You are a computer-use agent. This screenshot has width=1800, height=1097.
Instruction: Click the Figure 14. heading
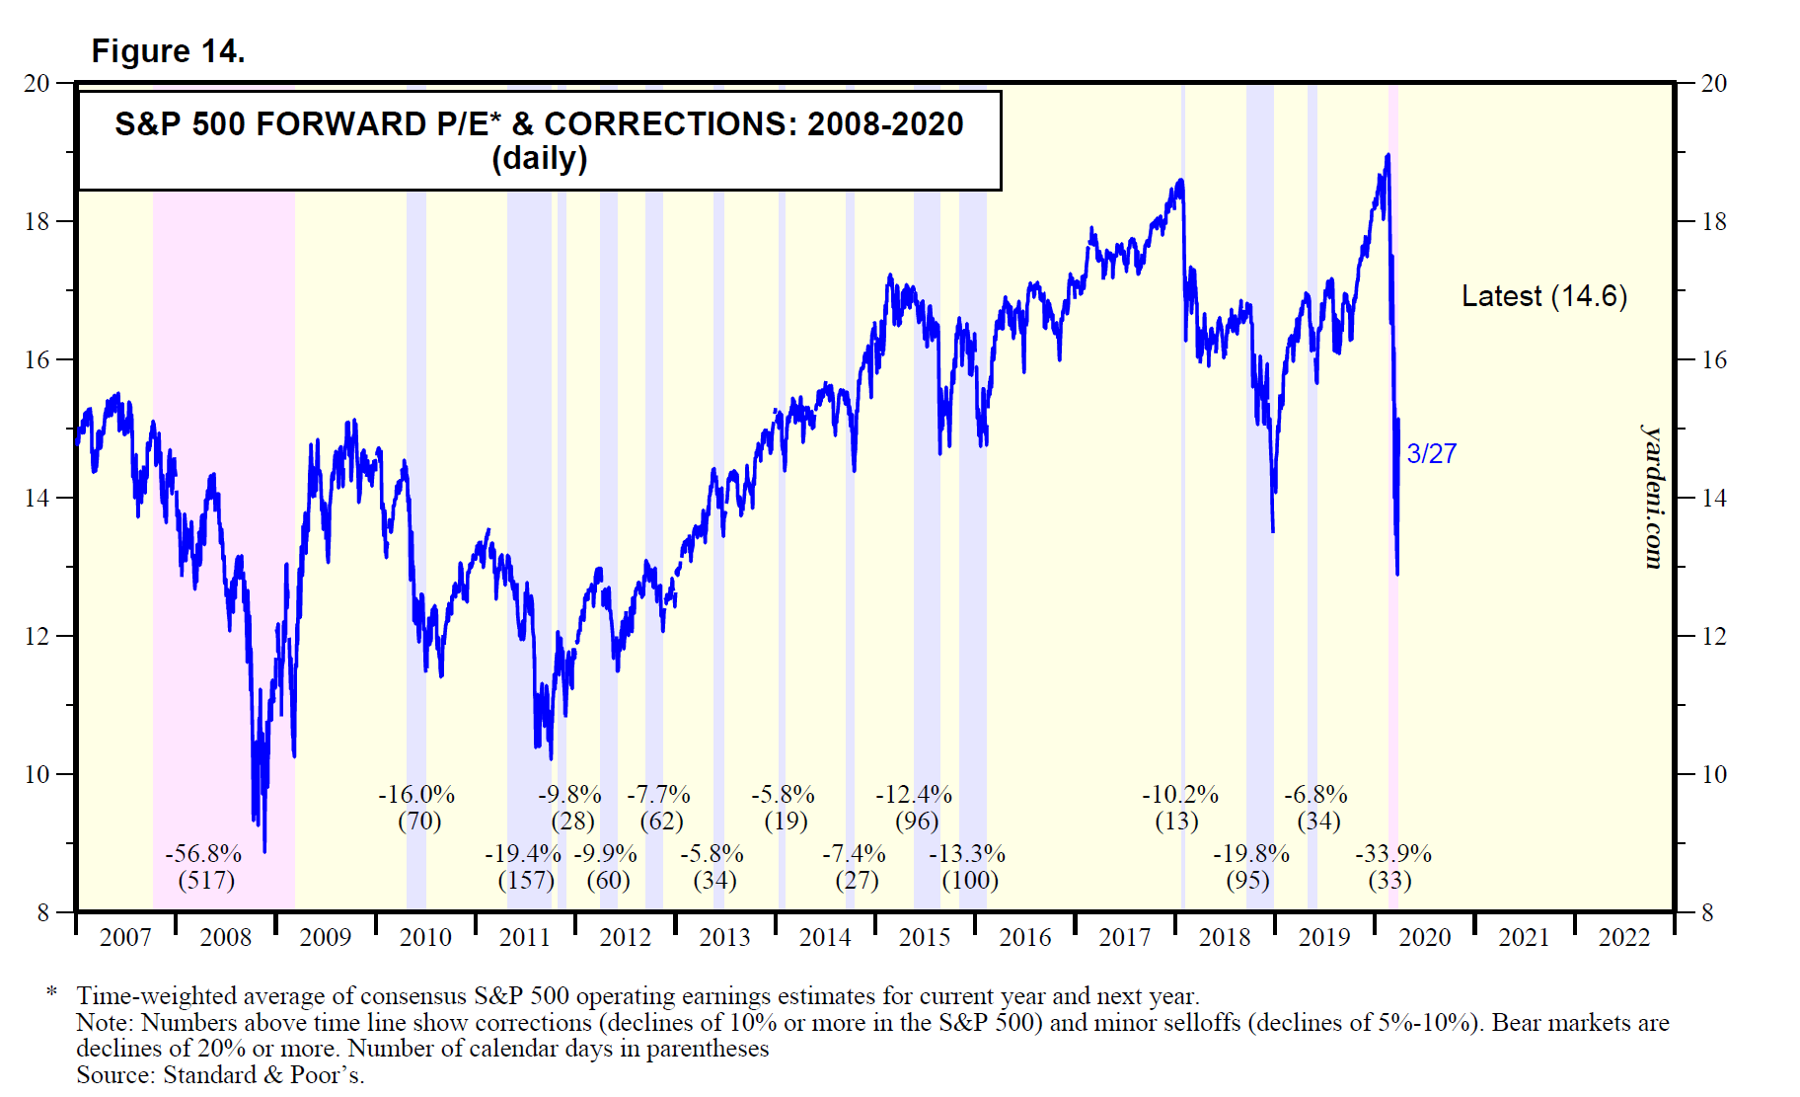click(168, 51)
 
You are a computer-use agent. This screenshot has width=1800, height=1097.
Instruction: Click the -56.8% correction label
click(204, 854)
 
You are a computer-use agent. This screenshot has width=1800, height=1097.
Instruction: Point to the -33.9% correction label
click(1392, 854)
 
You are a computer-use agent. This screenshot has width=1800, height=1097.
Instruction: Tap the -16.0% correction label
click(416, 795)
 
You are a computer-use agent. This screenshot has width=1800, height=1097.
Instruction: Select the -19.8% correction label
click(1250, 854)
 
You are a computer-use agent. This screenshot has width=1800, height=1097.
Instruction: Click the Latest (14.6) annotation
click(1543, 296)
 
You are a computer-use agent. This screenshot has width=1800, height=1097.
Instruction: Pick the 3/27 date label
click(1431, 454)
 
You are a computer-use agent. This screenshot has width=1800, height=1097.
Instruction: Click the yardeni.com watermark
click(1652, 497)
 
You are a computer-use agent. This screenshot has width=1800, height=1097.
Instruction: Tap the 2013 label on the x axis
click(724, 938)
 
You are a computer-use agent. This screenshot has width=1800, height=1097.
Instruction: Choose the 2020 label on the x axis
click(1424, 938)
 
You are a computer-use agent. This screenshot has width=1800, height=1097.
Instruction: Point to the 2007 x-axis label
click(125, 938)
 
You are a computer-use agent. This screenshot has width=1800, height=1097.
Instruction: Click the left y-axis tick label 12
click(37, 637)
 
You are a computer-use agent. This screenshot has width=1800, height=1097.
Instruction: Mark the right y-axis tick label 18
click(1714, 222)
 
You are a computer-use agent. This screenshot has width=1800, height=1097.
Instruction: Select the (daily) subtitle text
click(539, 159)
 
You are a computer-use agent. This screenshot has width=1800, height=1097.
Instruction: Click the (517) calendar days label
click(206, 880)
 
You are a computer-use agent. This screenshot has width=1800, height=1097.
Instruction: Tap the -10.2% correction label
click(1180, 795)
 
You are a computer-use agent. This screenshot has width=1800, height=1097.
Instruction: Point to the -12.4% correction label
click(914, 795)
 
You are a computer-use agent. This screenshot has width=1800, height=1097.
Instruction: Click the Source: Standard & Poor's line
click(220, 1075)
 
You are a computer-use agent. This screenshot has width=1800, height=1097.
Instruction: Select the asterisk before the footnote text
click(52, 992)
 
